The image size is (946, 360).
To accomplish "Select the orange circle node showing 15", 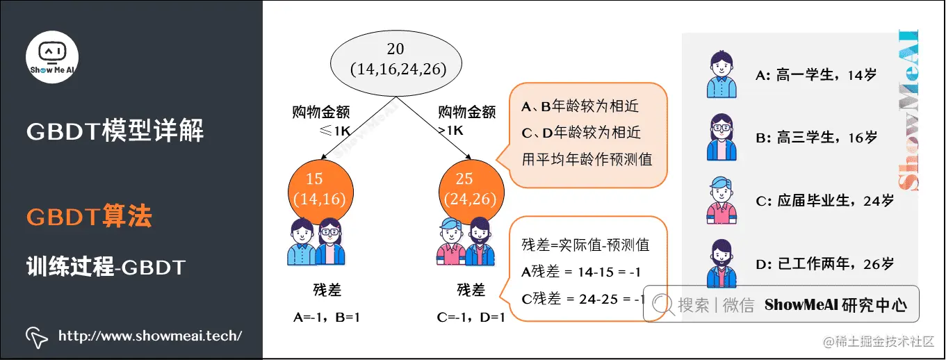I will point(320,189).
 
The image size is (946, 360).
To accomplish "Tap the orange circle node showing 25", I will point(472,189).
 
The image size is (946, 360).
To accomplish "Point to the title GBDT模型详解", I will point(115,130).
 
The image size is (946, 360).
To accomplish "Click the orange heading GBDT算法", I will point(89,217).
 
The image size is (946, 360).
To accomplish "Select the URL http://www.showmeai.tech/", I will point(150,336).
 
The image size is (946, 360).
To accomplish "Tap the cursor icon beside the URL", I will point(36,337).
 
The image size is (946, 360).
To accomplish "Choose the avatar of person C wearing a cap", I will point(721,201).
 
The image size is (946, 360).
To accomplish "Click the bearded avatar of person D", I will point(721,263).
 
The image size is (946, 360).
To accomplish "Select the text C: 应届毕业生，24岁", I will point(824,202).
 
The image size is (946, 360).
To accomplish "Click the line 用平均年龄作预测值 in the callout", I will point(587,158).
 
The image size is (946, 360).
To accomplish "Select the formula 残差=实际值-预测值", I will point(585,245).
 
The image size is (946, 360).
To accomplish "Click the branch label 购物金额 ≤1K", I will point(320,120).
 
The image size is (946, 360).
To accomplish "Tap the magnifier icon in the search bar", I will point(662,304).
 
